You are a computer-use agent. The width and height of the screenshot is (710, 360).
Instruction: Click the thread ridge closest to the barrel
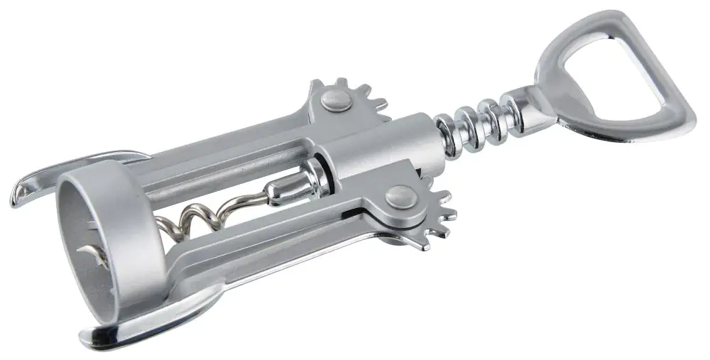(x=447, y=131)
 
